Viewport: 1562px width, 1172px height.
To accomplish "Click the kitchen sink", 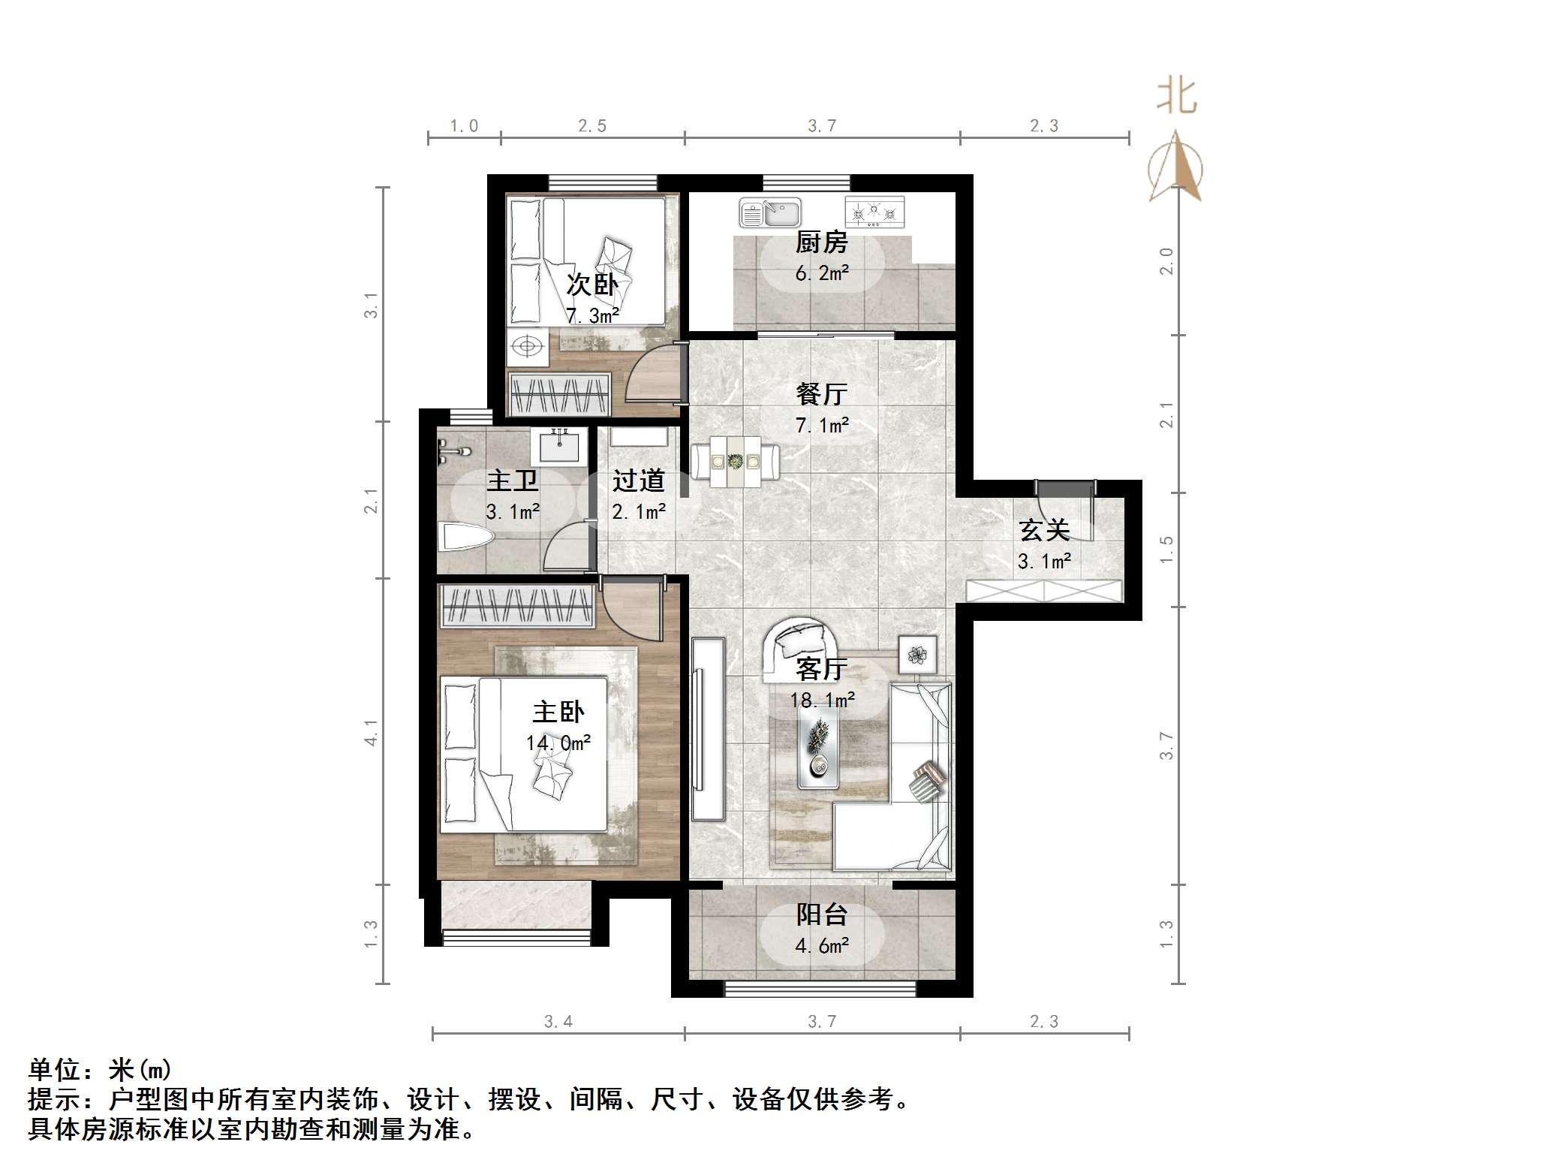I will [769, 212].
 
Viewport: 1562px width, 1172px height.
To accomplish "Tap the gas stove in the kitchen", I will [874, 212].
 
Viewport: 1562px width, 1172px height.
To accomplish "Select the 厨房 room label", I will [821, 243].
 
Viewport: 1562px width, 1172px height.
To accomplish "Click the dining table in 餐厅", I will [735, 462].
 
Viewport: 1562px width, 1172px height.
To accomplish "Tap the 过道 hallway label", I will [638, 481].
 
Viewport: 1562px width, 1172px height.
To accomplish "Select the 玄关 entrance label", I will [1043, 530].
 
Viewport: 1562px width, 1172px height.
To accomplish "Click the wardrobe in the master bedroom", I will [517, 606].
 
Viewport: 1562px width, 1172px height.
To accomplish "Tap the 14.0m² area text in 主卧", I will [558, 743].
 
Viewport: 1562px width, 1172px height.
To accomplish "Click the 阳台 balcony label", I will [821, 914].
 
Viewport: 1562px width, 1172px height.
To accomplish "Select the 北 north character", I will [1175, 97].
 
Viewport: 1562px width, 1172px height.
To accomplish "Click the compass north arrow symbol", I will [1175, 167].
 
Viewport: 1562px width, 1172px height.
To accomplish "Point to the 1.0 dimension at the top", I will [464, 126].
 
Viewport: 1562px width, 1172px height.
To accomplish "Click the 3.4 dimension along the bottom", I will [558, 1021].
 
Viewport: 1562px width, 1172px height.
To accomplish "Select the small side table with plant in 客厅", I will [917, 655].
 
